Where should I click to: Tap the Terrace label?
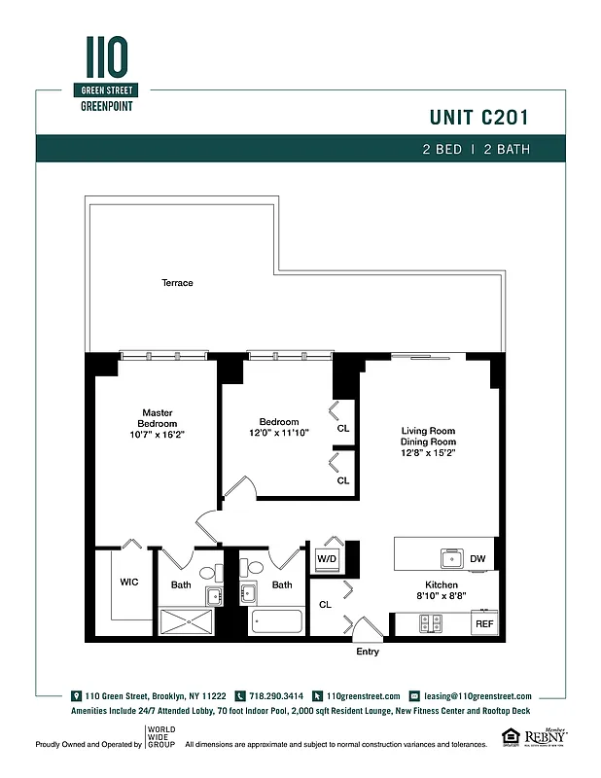click(x=177, y=283)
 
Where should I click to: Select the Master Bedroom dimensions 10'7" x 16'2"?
click(x=158, y=435)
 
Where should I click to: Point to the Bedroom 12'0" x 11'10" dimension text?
click(x=278, y=433)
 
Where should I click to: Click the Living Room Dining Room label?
click(x=429, y=442)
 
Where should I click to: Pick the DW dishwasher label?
click(x=477, y=559)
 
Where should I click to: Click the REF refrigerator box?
click(x=483, y=622)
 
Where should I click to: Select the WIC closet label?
click(x=128, y=583)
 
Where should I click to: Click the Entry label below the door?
click(x=368, y=652)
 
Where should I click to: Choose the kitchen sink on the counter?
click(x=452, y=559)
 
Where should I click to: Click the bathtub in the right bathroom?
click(x=277, y=622)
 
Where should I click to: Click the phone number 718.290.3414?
click(x=275, y=696)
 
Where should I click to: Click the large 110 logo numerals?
click(x=106, y=59)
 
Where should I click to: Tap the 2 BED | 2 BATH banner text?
click(x=476, y=150)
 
